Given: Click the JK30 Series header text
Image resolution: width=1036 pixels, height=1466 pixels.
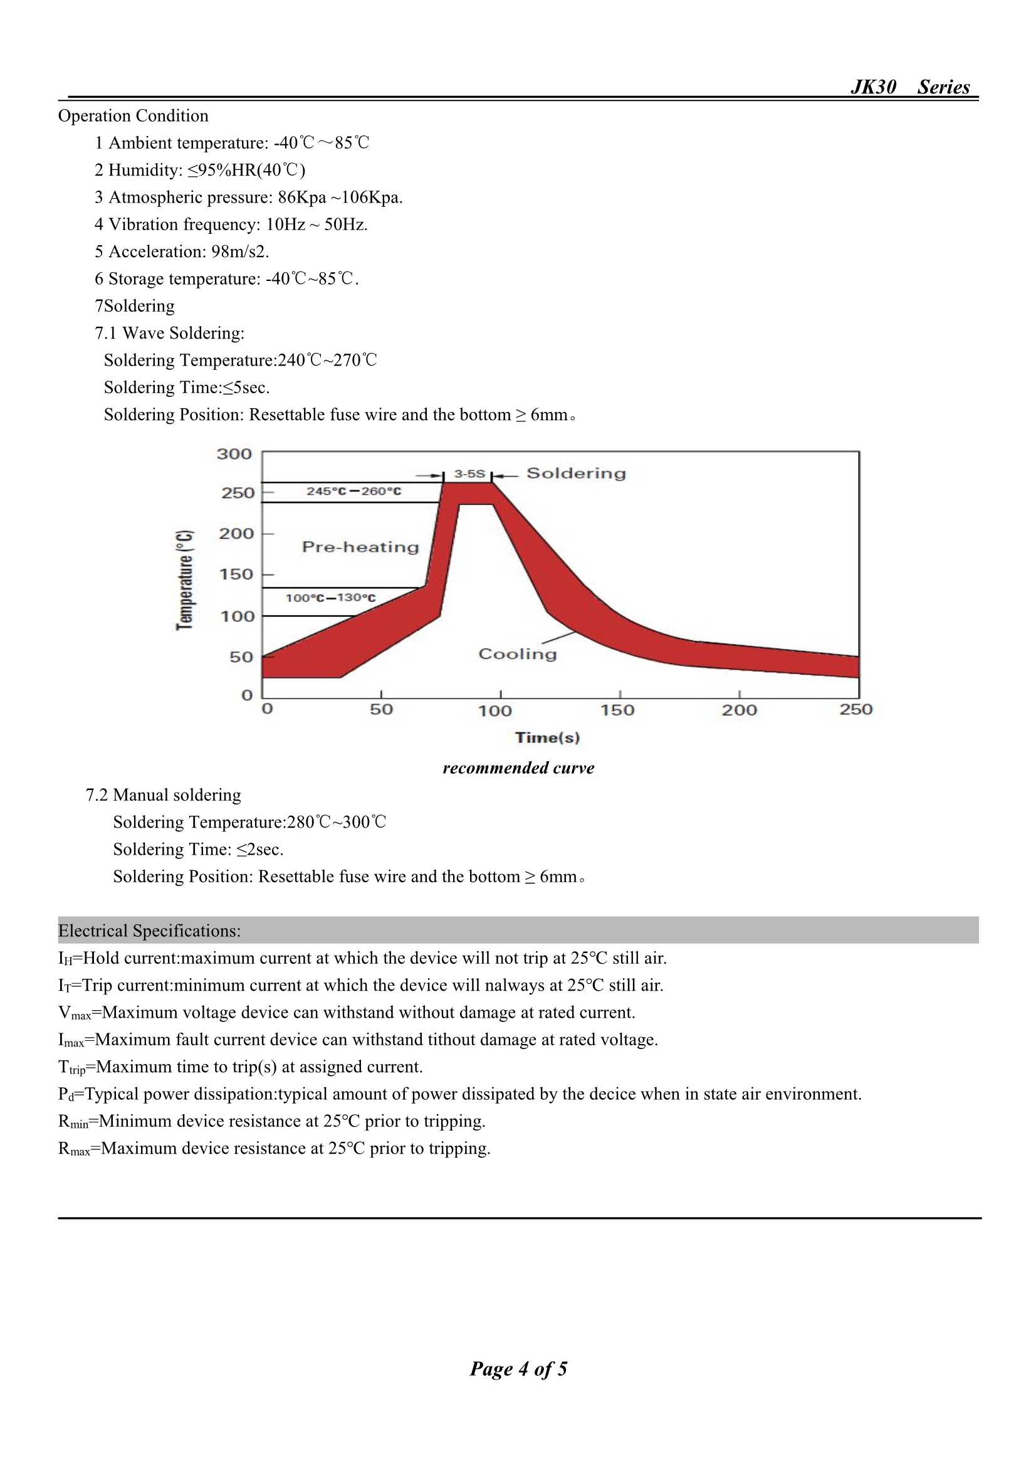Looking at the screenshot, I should coord(909,87).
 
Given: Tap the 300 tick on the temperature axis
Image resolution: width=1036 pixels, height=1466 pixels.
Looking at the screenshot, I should coord(234,454).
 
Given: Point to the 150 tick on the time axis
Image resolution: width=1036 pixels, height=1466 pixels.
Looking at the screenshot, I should coord(617,710).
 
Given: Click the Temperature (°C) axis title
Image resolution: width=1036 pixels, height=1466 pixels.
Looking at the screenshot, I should coord(184,579).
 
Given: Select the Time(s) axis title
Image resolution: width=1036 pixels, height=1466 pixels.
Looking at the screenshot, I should coord(547,737).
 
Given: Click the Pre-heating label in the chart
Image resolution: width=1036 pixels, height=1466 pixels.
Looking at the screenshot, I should coord(360,547).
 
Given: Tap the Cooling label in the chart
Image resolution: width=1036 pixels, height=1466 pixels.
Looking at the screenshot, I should coord(517,654).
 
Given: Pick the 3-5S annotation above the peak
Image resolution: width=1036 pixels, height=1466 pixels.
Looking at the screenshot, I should coord(469,474).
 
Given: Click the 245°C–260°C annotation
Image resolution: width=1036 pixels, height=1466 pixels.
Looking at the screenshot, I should coord(353,491).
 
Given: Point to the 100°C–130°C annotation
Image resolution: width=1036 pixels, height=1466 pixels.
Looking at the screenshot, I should coord(330,598).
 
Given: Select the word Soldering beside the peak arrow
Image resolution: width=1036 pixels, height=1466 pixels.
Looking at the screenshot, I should coord(576,473).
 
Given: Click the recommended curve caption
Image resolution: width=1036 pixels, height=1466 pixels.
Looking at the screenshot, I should coord(518,767).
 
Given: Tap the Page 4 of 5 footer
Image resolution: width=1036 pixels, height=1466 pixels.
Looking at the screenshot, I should coord(518,1368).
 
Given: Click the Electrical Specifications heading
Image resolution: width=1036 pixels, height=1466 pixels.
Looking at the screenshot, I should coord(149,931).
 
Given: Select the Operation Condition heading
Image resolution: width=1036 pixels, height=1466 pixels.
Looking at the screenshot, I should coord(133,115).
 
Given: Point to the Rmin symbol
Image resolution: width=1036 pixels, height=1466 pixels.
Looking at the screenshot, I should coord(73,1121).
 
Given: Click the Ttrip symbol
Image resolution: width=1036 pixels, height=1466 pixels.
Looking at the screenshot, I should coord(71,1067).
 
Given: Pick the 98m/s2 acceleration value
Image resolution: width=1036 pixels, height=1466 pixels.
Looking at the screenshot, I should coord(239,251).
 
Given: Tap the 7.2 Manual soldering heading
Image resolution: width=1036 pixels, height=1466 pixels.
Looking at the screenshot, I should coord(164,795).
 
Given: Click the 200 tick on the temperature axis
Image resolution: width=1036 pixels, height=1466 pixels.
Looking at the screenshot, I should coord(236,533).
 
